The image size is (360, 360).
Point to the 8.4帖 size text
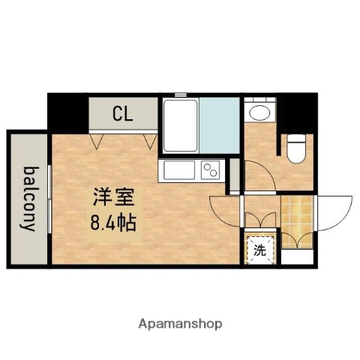114,223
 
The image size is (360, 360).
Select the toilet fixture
295,146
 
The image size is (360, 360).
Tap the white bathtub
181,125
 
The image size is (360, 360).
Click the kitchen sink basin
178,170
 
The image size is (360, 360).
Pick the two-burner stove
211,170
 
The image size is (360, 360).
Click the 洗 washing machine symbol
259,251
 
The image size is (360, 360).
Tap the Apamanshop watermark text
180,324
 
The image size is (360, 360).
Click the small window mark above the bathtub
181,94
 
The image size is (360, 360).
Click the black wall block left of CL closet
67,112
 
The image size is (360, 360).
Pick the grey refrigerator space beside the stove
234,174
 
